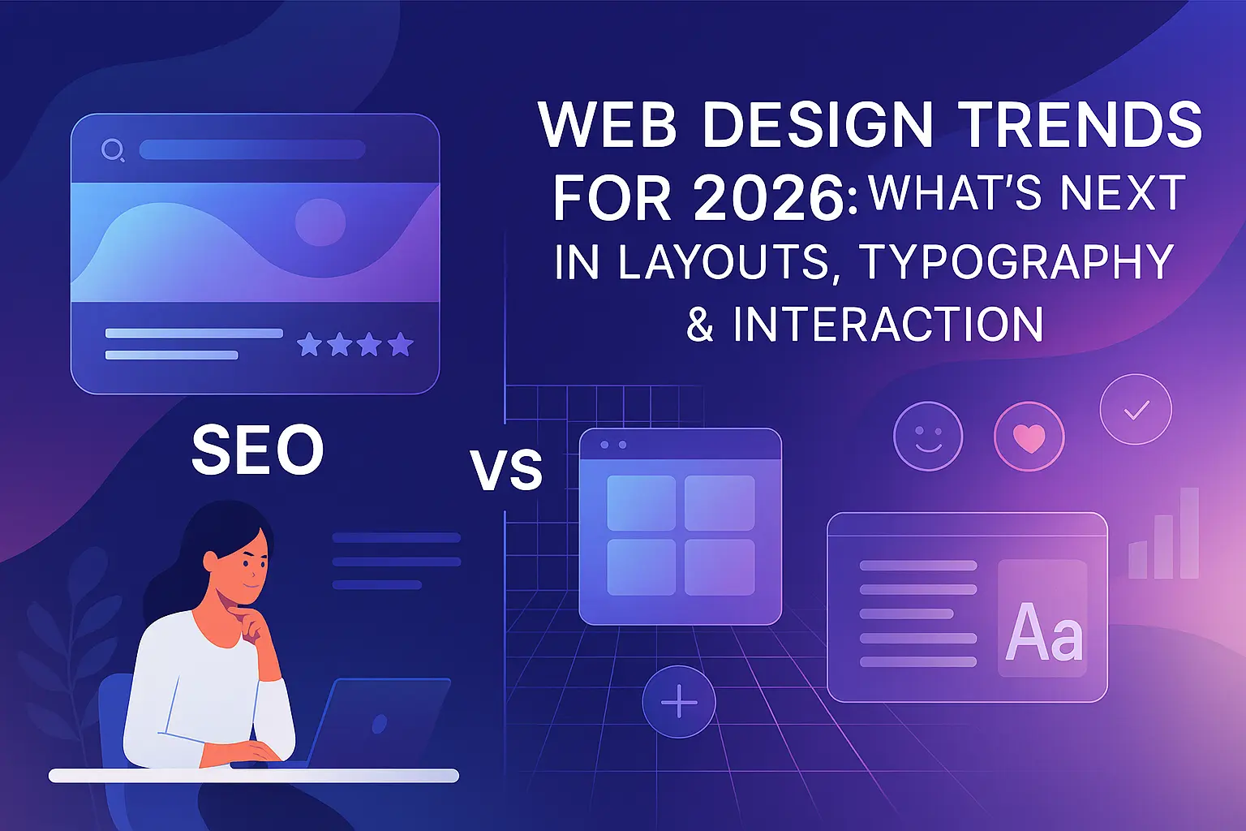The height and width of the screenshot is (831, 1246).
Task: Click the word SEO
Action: click(257, 449)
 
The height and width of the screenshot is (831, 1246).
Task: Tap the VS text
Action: click(507, 471)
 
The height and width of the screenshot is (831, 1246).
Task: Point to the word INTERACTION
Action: click(887, 325)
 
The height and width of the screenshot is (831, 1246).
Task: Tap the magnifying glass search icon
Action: click(113, 150)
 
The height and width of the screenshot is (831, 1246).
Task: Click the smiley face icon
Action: click(928, 437)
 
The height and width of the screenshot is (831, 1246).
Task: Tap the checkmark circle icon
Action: click(1136, 409)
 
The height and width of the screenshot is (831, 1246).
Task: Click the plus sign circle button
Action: click(679, 701)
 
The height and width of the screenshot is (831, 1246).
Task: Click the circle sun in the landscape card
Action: click(320, 222)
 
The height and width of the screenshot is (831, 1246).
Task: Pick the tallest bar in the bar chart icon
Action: click(1189, 532)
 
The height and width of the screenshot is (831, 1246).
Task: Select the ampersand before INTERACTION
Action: click(700, 325)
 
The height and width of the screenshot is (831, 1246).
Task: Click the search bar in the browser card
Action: click(252, 149)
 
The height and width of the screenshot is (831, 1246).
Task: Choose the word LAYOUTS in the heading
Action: click(723, 263)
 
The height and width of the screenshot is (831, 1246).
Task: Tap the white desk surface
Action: click(254, 776)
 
